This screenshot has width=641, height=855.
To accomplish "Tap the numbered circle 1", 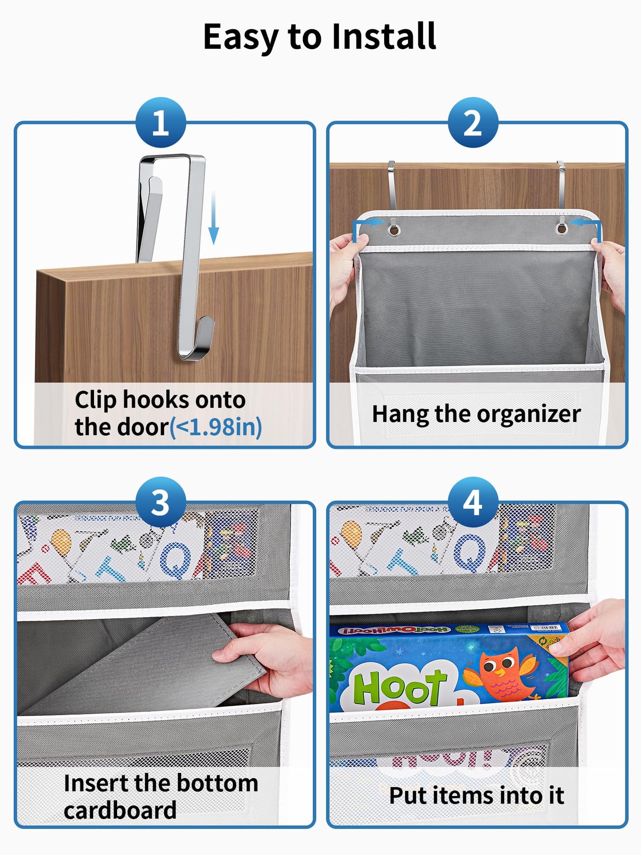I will click(x=161, y=122).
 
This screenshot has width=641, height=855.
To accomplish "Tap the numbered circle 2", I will click(x=473, y=122).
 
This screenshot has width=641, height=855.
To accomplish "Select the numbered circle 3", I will click(x=161, y=502).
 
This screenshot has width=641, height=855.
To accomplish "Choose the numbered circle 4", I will click(x=473, y=502).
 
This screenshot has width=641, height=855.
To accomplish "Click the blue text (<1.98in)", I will click(x=216, y=427).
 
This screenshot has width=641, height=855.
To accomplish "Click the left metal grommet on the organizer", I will click(x=393, y=229).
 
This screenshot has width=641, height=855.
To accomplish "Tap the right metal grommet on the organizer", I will click(x=562, y=229).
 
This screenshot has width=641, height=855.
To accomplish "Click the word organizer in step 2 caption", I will click(x=529, y=414).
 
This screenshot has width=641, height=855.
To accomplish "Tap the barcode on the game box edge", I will click(x=544, y=628).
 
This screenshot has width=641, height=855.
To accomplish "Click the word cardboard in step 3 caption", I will click(x=120, y=810).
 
